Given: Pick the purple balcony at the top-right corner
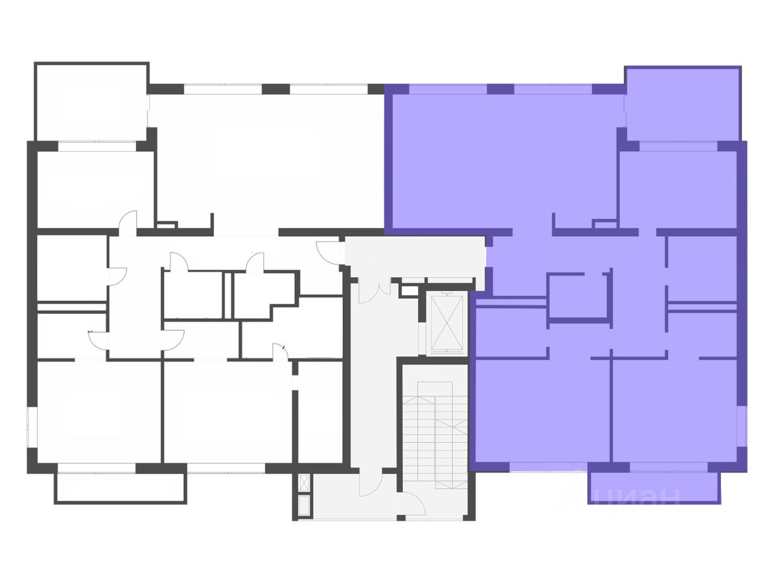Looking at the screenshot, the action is tap(682, 104).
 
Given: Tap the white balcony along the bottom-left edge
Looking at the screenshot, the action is tap(120, 487).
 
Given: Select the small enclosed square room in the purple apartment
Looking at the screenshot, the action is tap(577, 296).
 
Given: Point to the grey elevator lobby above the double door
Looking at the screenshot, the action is tap(416, 256).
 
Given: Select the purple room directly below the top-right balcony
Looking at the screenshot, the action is tap(678, 188).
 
